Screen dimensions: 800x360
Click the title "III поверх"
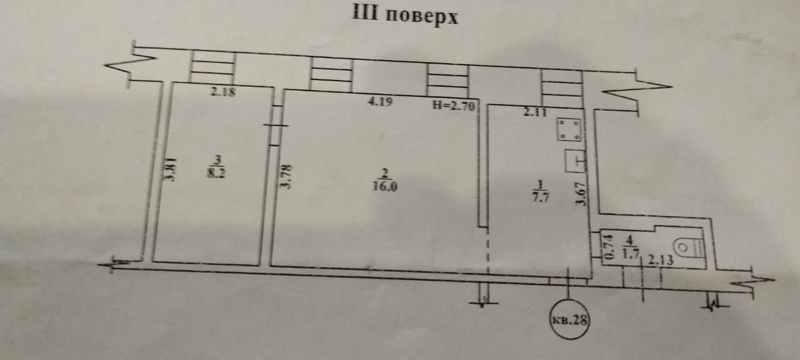click(x=405, y=15)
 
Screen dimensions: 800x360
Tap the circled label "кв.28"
click(x=569, y=319)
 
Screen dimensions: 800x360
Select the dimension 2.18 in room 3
click(x=223, y=92)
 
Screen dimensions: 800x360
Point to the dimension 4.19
click(x=380, y=102)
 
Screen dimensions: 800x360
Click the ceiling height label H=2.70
click(x=454, y=106)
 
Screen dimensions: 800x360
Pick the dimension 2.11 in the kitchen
click(x=534, y=112)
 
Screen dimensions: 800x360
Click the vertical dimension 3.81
click(x=171, y=169)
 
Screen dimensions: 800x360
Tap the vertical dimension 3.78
click(x=286, y=176)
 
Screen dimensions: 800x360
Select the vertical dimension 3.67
click(x=581, y=194)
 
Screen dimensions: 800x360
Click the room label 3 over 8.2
click(x=216, y=167)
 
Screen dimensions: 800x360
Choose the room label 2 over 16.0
click(x=384, y=181)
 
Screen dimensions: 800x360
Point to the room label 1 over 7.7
click(x=541, y=191)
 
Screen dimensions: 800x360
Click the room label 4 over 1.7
click(x=630, y=247)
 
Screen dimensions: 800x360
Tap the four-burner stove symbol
click(x=569, y=129)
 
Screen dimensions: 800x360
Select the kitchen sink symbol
click(x=576, y=161)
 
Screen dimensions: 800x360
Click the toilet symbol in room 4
click(x=689, y=247)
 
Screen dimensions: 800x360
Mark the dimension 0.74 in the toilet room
click(x=609, y=247)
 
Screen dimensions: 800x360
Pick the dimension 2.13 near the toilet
click(x=661, y=260)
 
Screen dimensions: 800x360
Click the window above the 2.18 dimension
click(x=213, y=67)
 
